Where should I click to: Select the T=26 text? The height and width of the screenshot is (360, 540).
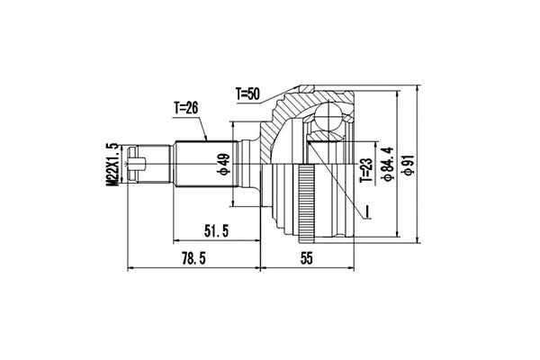pos(184,108)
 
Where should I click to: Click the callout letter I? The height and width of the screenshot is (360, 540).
pos(369,212)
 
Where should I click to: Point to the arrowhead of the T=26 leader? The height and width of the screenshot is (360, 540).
pos(208,139)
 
